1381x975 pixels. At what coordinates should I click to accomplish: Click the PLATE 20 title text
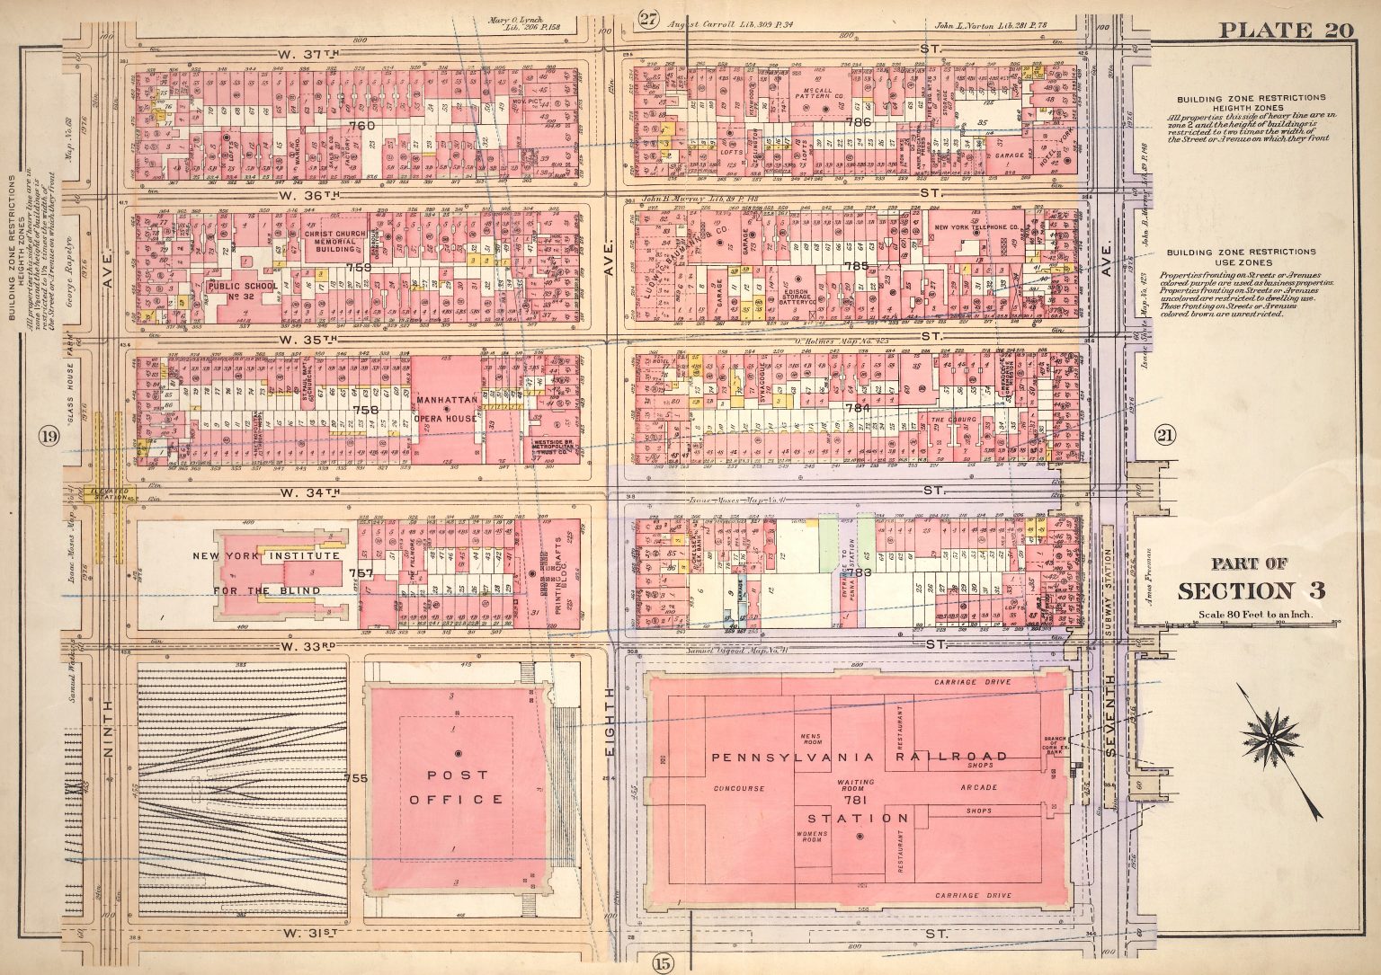tap(1286, 29)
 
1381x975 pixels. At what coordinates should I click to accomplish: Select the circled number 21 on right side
tap(1165, 436)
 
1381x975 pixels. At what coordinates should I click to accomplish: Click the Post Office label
tap(458, 786)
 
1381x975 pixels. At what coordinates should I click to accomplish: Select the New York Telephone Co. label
tap(976, 227)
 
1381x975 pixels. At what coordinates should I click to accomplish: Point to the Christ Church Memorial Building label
tap(334, 240)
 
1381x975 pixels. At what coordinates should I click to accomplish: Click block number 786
tap(859, 121)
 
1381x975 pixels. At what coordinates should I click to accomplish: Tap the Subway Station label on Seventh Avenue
tap(1109, 575)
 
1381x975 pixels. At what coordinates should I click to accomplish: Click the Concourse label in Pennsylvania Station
tap(739, 788)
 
